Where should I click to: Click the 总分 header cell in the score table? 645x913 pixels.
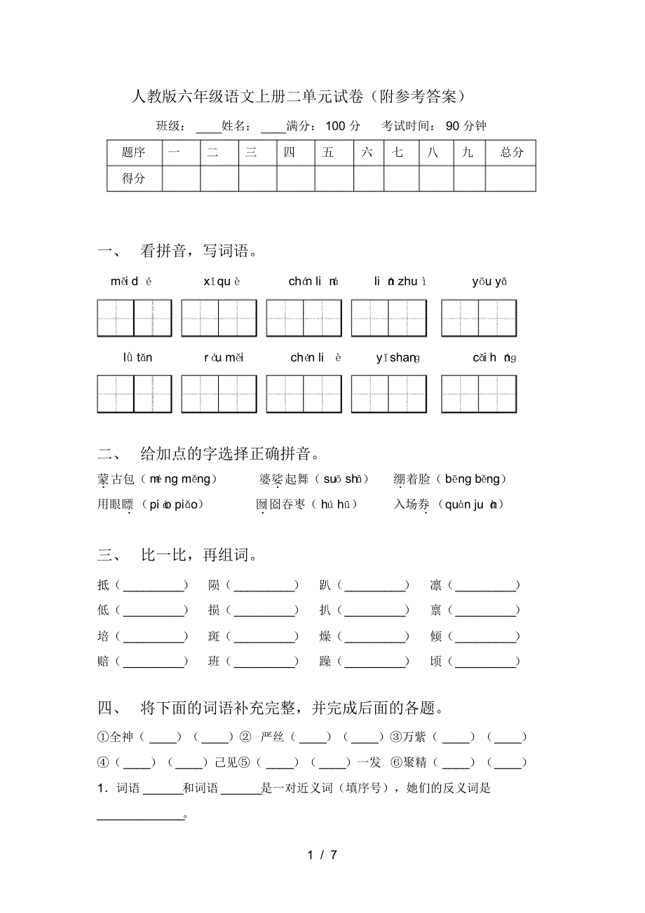(x=511, y=153)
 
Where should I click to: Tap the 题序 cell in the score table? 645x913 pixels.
(x=134, y=153)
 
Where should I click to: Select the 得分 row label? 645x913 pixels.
(x=134, y=179)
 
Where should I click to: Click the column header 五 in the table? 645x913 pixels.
(x=328, y=153)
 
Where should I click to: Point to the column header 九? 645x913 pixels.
(x=468, y=153)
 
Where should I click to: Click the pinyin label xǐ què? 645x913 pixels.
(x=222, y=282)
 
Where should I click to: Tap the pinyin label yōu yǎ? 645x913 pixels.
(x=489, y=282)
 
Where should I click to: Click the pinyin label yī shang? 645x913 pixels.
(x=398, y=358)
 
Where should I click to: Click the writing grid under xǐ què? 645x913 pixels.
(x=218, y=318)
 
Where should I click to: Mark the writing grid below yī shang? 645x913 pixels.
(x=388, y=394)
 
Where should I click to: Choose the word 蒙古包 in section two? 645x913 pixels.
(x=116, y=479)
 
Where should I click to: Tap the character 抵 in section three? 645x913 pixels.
(x=104, y=585)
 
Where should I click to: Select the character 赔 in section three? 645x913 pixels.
(x=104, y=661)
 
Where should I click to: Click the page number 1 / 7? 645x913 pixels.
(x=322, y=855)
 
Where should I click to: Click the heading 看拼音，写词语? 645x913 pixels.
(x=199, y=251)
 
